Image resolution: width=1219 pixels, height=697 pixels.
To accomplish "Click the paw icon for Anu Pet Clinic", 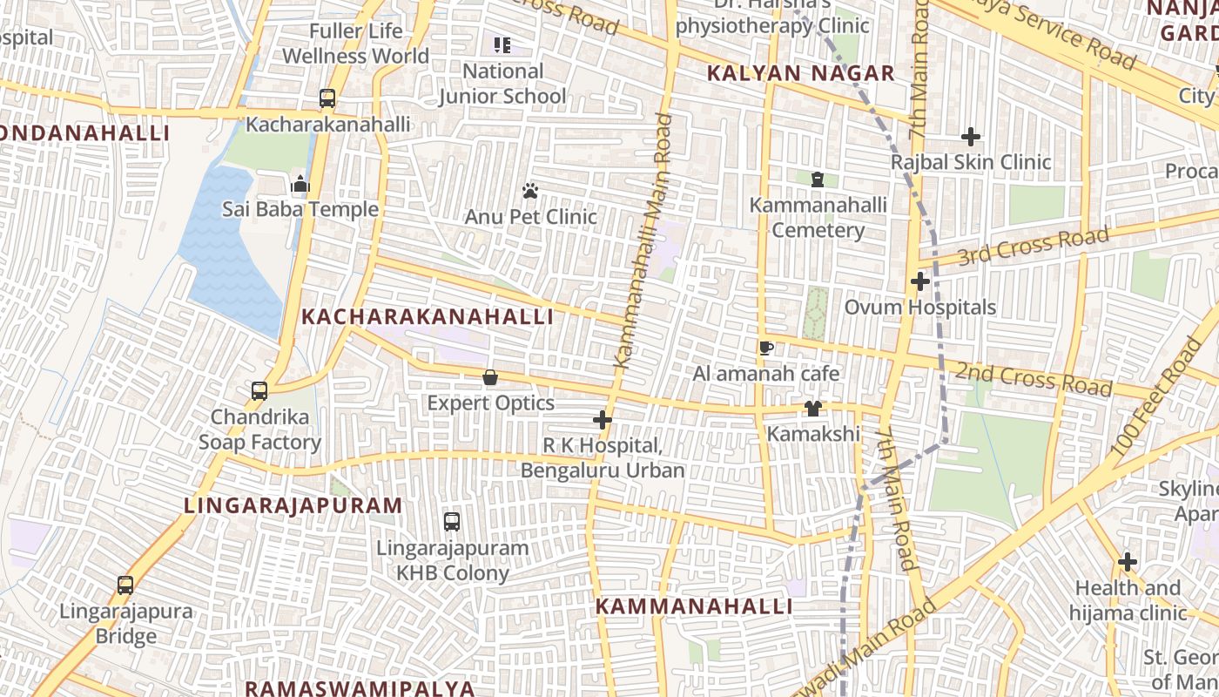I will click(530, 190).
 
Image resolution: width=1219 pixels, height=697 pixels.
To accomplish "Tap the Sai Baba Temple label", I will click(300, 209).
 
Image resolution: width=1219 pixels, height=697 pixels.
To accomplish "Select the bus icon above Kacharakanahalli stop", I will click(327, 98).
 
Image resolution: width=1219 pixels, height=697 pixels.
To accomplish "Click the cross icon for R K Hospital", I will click(602, 420).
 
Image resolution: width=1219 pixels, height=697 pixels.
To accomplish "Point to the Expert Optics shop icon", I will click(490, 377).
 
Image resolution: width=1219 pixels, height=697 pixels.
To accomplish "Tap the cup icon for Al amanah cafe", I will click(765, 348).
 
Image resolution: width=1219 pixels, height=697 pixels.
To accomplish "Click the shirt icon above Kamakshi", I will click(812, 408).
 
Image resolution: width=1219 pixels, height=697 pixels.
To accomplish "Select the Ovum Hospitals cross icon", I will click(919, 281).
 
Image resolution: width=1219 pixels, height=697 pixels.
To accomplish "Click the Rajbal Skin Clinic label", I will click(971, 162).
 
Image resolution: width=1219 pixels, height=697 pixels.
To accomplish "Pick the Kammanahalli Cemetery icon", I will click(817, 179).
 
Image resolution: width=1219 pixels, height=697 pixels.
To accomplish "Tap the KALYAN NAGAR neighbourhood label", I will click(800, 73).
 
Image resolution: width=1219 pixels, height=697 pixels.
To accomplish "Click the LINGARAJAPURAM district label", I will click(293, 505).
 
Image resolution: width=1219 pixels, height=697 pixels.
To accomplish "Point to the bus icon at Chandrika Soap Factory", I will click(259, 391).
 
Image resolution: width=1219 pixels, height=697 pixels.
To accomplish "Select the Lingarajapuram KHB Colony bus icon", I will click(451, 522).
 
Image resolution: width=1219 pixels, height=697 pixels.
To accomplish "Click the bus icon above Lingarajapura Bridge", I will click(125, 585).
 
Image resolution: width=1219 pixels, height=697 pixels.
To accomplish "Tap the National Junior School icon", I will click(502, 44).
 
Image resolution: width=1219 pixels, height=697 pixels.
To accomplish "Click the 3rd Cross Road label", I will click(1033, 246).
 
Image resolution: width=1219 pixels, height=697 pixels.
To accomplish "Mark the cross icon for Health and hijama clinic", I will click(1128, 562).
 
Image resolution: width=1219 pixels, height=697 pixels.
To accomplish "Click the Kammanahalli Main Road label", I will click(643, 240).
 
